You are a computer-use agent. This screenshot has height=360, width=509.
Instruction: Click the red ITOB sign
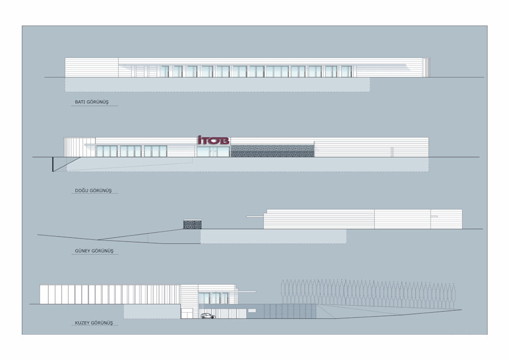pyautogui.click(x=213, y=140)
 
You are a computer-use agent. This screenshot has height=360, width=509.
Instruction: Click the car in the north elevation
pyautogui.click(x=207, y=316)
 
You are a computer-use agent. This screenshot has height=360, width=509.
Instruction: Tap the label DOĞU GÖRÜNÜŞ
pyautogui.click(x=93, y=190)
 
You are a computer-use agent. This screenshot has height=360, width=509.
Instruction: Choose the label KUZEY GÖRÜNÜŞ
pyautogui.click(x=93, y=323)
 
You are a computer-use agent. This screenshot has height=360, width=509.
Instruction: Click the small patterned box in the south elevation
pyautogui.click(x=192, y=225)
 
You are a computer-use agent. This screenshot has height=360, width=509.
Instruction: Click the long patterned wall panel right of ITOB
pyautogui.click(x=272, y=151)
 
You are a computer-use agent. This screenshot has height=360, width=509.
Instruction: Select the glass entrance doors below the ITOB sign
pyautogui.click(x=213, y=151)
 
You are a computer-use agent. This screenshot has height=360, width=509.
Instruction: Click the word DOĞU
pyautogui.click(x=81, y=190)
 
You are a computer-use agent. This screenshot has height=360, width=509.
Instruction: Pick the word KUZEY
pyautogui.click(x=81, y=323)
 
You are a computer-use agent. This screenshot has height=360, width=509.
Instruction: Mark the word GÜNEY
pyautogui.click(x=81, y=251)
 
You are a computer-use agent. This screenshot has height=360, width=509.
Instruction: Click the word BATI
pyautogui.click(x=79, y=102)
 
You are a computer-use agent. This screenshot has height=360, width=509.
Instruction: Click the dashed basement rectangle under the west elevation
pyautogui.click(x=217, y=85)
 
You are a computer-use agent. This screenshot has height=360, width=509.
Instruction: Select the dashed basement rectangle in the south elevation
pyautogui.click(x=273, y=236)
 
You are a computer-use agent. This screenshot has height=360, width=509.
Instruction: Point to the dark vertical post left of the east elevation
pyautogui.click(x=52, y=164)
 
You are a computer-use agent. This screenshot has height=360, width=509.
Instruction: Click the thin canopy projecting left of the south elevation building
pyautogui.click(x=254, y=217)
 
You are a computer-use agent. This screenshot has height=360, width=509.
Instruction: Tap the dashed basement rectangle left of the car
pyautogui.click(x=152, y=312)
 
